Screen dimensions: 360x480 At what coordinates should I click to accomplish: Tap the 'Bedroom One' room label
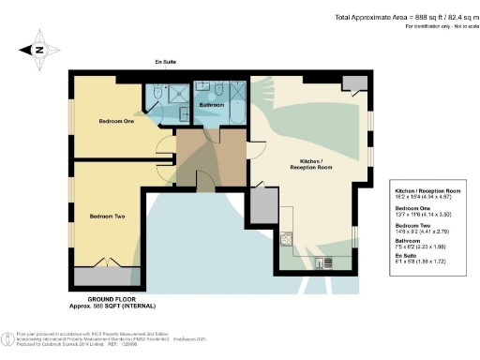(x=118, y=121)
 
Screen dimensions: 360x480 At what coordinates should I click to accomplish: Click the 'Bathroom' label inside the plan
(x=212, y=105)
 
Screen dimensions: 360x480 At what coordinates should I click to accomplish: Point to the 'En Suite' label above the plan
(x=166, y=64)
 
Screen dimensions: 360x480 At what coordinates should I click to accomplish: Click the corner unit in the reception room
(x=355, y=85)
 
